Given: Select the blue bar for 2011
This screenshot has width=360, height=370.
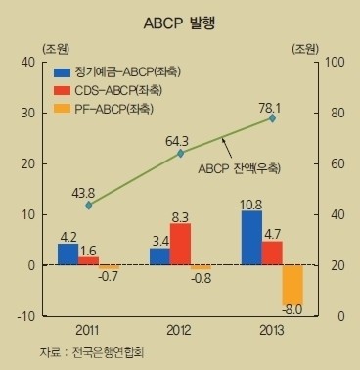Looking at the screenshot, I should [x=67, y=254].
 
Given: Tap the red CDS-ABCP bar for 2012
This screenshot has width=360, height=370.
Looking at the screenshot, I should [x=180, y=245].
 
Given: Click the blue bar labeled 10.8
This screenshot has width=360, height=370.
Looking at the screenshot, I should [x=251, y=238].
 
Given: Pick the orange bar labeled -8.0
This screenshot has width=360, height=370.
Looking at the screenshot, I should [x=292, y=285].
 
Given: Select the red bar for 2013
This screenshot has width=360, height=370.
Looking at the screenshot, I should [x=272, y=254].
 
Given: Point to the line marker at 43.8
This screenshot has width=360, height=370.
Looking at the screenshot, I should [x=89, y=205].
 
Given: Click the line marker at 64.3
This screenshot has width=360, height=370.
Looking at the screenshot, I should [x=181, y=154].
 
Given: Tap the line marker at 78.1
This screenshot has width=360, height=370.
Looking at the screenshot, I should [x=272, y=118].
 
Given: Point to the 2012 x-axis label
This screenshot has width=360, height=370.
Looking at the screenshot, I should [x=180, y=329].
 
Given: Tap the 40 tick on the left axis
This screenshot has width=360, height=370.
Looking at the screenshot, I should [x=27, y=62].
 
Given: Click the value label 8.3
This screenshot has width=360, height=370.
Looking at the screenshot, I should [x=180, y=215].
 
